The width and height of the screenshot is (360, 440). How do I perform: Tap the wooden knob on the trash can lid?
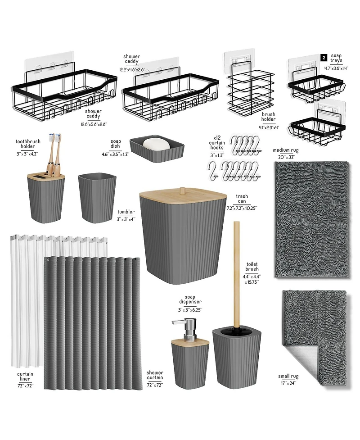183,190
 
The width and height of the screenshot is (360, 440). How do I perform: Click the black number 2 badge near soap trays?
324,58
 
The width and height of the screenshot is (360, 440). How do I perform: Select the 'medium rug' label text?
285,150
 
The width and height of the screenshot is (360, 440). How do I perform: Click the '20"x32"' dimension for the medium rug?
286,157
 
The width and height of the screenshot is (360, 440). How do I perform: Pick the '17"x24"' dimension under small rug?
288,383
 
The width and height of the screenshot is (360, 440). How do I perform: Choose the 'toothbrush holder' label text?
28,144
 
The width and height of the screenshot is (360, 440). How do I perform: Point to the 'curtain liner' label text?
25,376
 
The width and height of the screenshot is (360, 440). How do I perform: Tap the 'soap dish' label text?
116,144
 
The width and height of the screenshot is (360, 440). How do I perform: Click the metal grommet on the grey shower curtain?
47,258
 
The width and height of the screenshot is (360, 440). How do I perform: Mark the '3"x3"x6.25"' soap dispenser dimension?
191,309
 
